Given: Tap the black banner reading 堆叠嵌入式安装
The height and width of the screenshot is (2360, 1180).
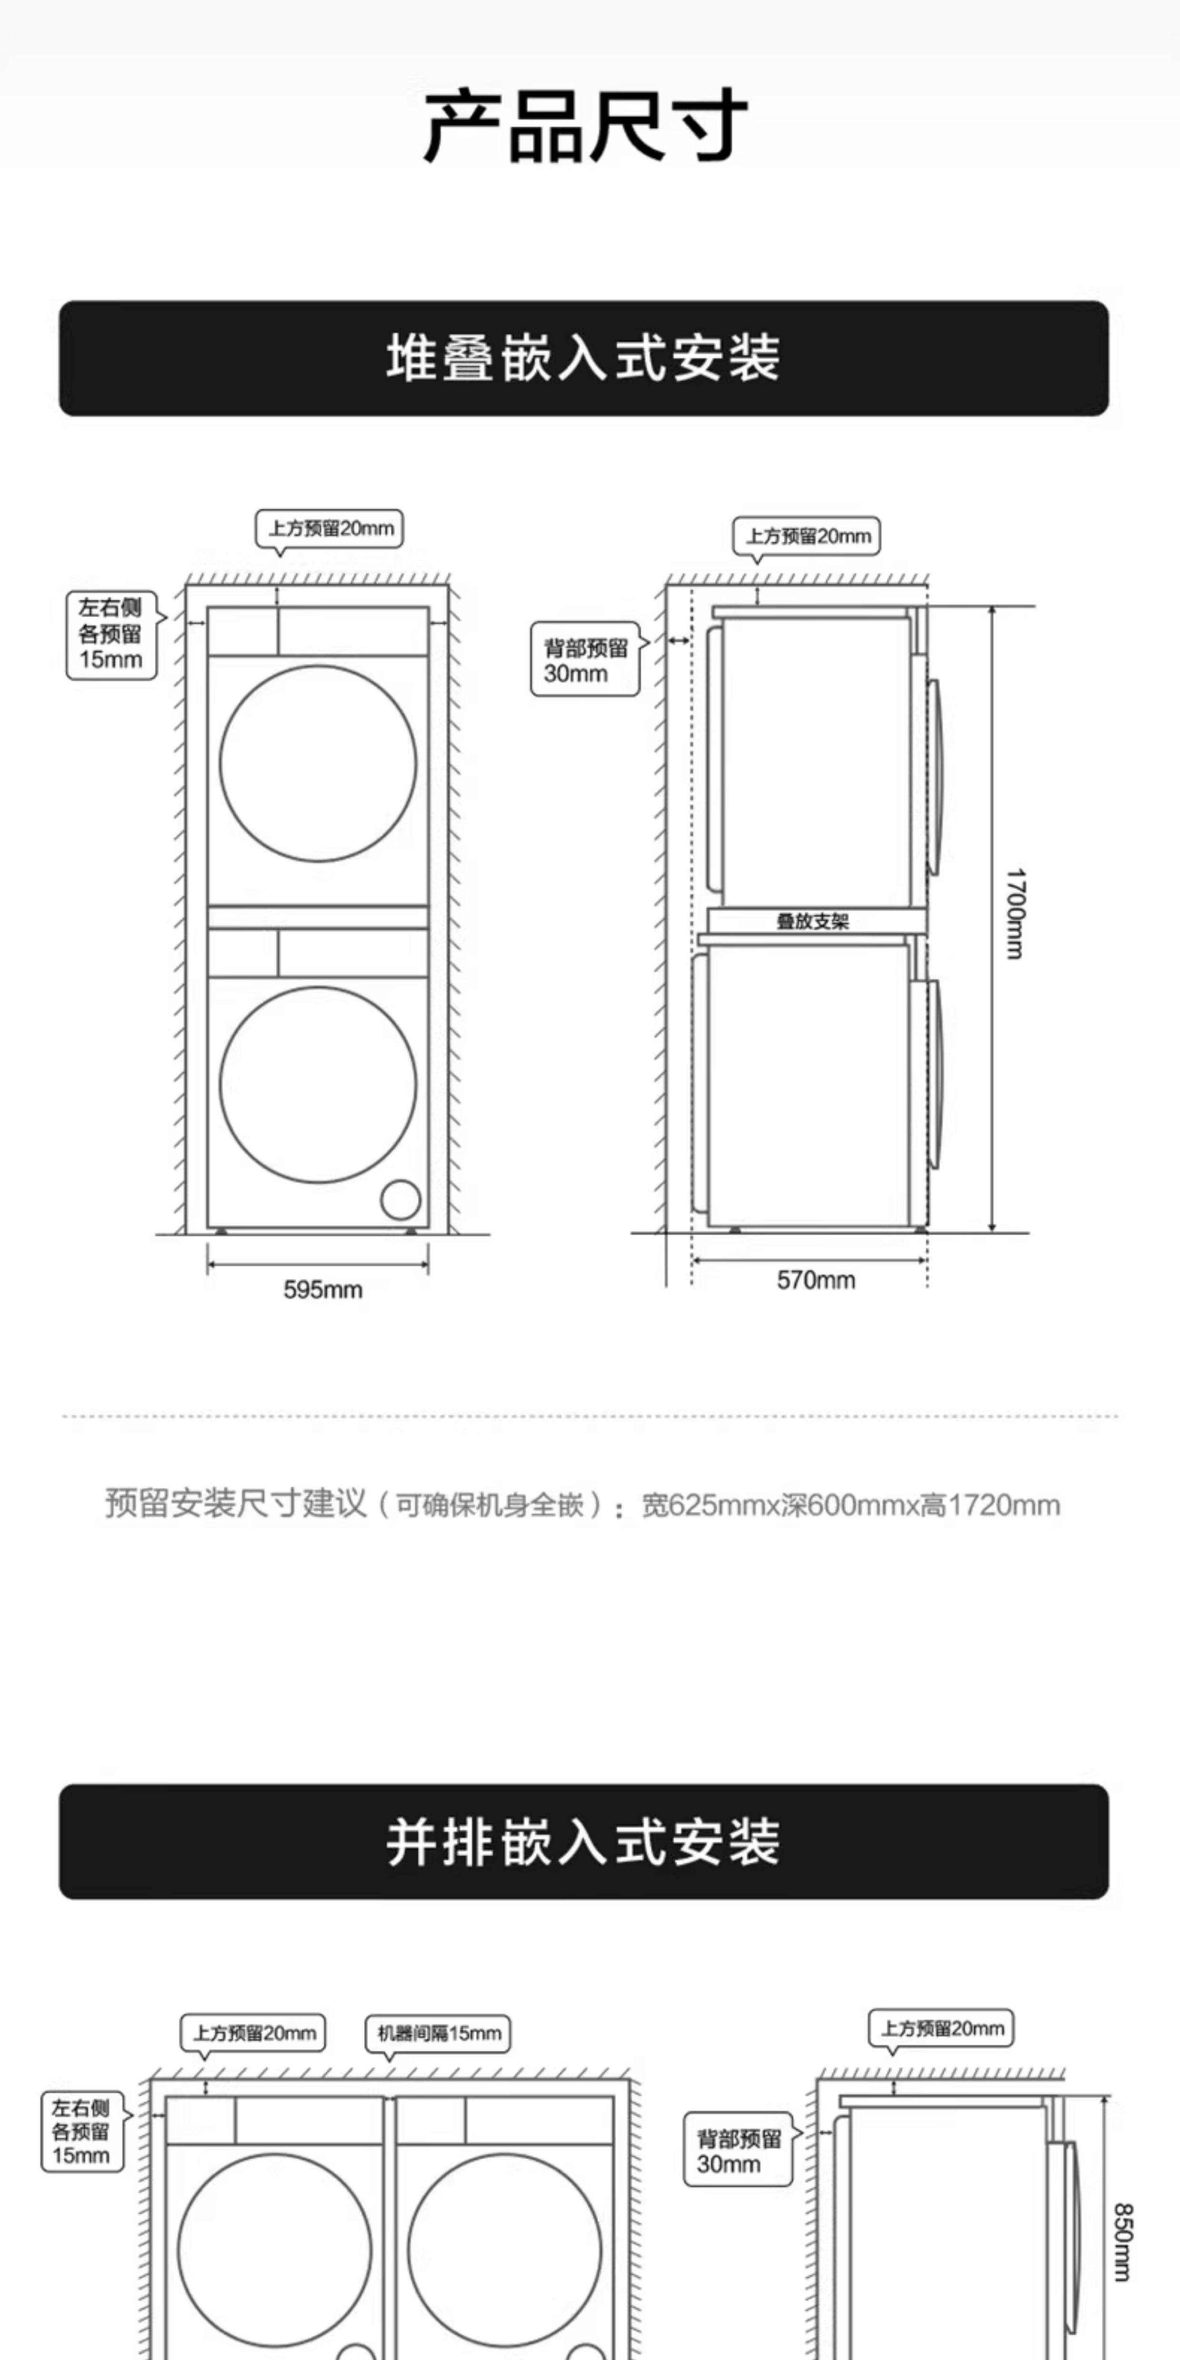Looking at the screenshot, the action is point(584,358).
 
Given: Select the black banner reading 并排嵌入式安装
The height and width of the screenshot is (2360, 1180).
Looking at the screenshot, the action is point(584,1841).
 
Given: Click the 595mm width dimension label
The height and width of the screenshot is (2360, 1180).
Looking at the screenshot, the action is point(323,1290).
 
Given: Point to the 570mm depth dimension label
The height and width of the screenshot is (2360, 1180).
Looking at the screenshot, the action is point(816,1280).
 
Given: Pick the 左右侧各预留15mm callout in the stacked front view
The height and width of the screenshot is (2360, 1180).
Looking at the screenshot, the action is point(111,634).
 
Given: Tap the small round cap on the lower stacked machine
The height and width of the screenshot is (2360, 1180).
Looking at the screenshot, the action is point(400,1199).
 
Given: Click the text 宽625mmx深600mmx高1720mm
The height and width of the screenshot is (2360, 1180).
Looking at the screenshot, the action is point(850,1505).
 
